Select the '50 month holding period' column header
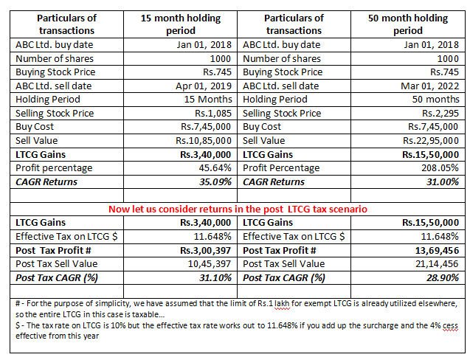407,24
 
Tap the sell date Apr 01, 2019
204,86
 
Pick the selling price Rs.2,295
438,113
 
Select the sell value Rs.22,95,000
431,140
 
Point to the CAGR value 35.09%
213,181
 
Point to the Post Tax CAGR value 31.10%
213,277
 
